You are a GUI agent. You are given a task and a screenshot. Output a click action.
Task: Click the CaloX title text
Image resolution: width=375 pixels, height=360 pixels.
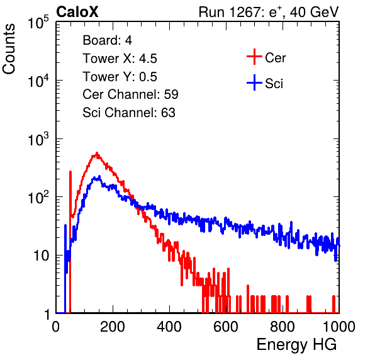point(77,12)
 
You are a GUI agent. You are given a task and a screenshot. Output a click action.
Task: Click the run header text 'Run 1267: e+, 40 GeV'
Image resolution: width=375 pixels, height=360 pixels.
point(269,12)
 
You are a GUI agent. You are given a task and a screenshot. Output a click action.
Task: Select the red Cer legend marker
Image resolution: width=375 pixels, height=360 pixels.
point(254,57)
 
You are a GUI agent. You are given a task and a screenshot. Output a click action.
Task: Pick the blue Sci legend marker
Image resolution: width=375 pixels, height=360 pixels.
point(254,82)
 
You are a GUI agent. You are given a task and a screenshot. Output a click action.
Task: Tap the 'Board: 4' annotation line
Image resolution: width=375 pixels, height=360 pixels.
point(107,40)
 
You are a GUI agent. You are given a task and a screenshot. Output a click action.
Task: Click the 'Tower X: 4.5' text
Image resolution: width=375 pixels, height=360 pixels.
point(120,59)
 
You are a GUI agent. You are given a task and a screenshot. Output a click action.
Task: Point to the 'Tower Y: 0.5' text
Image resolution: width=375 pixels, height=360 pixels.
point(120,77)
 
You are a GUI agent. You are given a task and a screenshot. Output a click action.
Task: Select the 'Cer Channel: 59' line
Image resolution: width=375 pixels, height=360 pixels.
point(130,94)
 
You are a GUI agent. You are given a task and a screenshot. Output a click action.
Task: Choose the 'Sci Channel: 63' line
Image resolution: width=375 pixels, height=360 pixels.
point(129,113)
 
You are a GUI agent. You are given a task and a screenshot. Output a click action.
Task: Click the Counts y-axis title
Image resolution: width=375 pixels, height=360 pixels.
point(9,49)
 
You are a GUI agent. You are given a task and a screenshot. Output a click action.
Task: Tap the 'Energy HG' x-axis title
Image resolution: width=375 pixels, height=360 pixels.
point(296,345)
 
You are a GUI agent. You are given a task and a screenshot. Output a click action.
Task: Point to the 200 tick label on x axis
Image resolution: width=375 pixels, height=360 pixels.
point(113,327)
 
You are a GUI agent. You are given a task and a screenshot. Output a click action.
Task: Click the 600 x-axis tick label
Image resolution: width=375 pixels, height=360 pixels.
point(226,327)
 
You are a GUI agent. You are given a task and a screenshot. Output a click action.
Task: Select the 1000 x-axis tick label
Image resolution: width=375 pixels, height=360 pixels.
point(339,327)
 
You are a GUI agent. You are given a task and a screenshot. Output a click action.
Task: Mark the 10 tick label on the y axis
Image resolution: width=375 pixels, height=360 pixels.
point(42,256)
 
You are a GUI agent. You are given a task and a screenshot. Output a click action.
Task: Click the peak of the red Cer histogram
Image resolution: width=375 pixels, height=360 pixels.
point(97,153)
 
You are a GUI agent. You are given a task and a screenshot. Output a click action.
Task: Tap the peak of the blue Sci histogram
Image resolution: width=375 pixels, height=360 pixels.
point(99,177)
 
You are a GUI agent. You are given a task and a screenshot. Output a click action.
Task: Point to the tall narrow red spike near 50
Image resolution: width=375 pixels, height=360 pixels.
point(70,242)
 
